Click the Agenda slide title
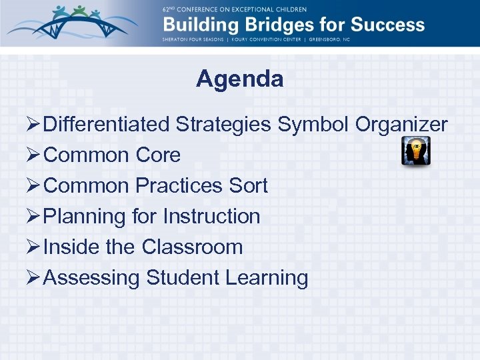pos(239,79)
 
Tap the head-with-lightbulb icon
pos(415,151)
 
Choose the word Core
pos(157,155)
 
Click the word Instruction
pos(211,216)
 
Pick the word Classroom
pos(192,247)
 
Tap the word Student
pos(184,277)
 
